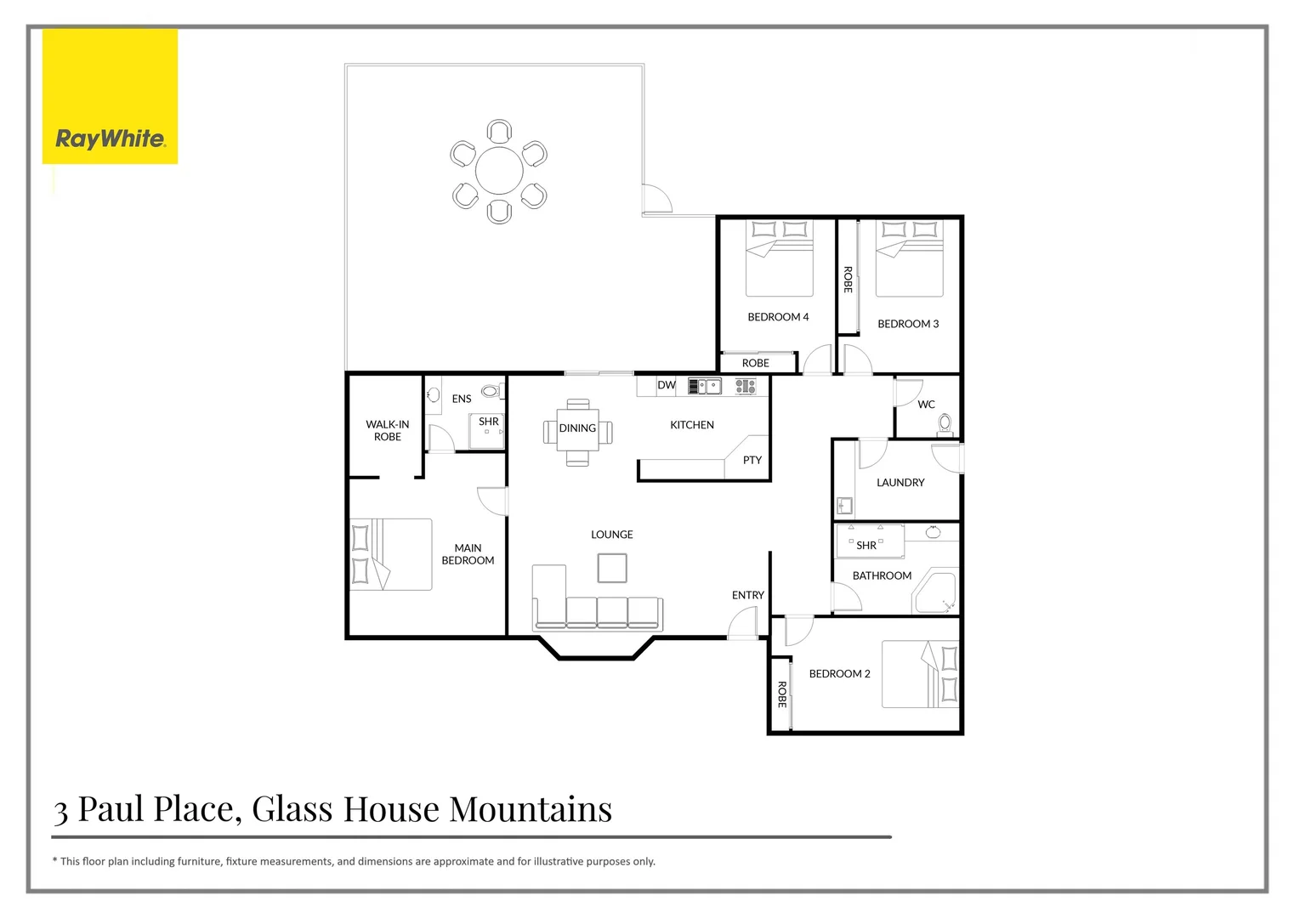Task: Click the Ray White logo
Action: (110, 139)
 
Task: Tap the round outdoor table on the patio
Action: (499, 171)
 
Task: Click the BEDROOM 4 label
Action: (778, 317)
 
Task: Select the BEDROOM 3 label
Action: (908, 324)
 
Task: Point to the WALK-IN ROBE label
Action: (388, 430)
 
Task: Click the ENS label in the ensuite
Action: (462, 399)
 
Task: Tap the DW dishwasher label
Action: (667, 385)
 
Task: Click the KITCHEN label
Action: (692, 425)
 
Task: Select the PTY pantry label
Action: (752, 460)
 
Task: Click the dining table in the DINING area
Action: (578, 432)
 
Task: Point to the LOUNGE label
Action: (612, 535)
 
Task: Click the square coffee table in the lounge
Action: (612, 568)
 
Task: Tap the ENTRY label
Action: (748, 595)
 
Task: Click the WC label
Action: (927, 405)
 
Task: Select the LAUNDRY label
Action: (900, 483)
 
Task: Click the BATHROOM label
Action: (882, 575)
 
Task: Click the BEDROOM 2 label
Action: (839, 674)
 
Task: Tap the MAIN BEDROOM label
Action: (468, 554)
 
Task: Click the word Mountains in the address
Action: (531, 809)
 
